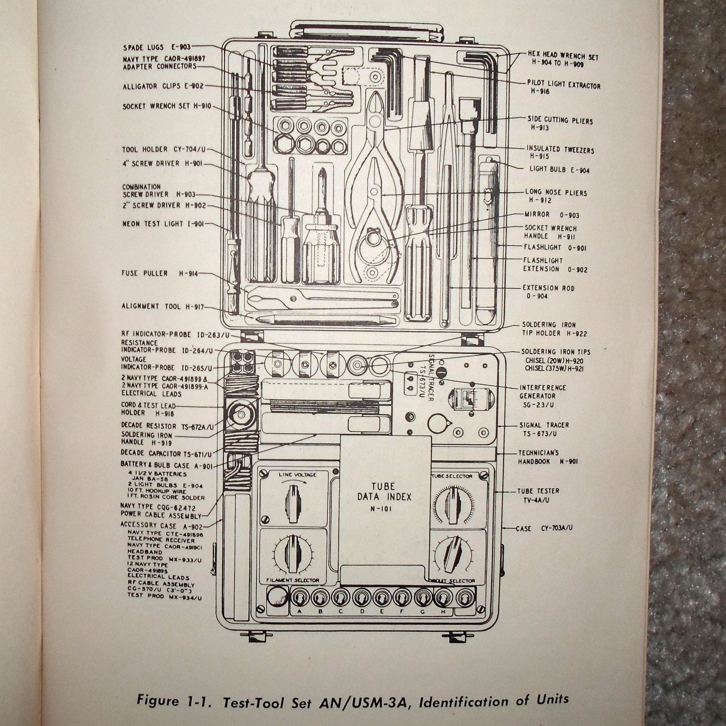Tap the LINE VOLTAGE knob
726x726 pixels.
click(x=293, y=500)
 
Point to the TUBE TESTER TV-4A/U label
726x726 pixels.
click(x=538, y=495)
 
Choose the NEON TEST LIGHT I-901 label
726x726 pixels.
click(x=163, y=224)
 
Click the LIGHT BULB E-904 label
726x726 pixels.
click(x=559, y=170)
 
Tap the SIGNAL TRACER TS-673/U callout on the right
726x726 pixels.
click(x=544, y=429)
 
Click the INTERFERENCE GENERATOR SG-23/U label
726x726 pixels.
click(x=543, y=396)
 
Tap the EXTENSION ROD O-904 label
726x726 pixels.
click(x=548, y=292)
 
